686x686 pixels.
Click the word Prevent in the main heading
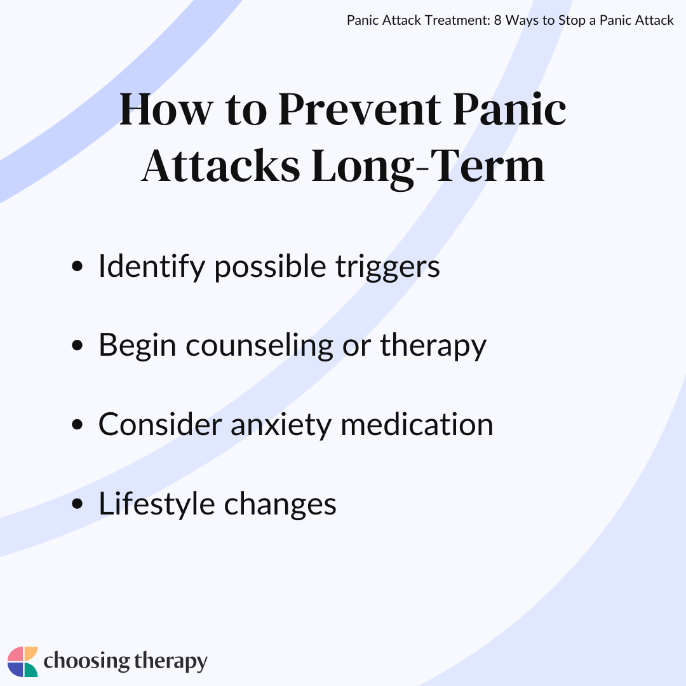[x=358, y=109]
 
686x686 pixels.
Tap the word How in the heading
[x=164, y=109]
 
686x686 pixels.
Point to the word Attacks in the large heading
[x=220, y=166]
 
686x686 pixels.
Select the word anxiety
[x=281, y=424]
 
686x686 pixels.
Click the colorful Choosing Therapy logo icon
[x=23, y=662]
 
